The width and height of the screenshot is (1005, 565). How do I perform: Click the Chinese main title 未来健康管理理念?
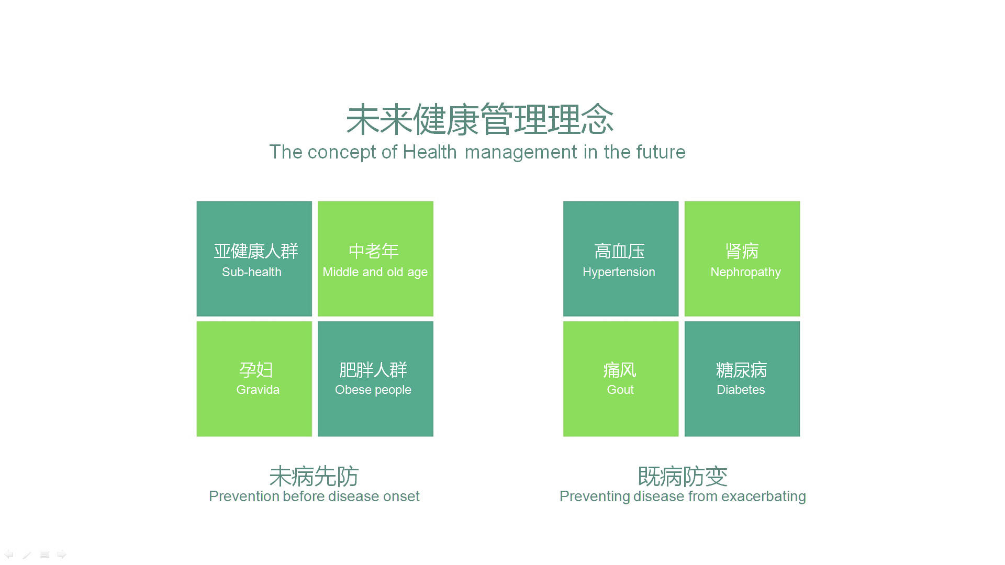coord(479,120)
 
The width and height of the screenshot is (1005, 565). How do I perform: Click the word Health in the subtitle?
coord(430,152)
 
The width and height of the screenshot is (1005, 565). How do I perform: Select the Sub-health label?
coord(252,272)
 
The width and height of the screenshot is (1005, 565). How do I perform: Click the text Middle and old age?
coord(375,272)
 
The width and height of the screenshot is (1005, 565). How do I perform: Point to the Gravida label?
coord(258,390)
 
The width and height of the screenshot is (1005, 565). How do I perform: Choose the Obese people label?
coord(373,390)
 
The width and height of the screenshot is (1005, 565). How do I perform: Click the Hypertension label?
coord(619,272)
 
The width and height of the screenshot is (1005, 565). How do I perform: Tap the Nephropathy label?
coord(745,273)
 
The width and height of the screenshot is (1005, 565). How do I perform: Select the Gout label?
coord(620,390)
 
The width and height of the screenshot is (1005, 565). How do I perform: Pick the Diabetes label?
coord(741,390)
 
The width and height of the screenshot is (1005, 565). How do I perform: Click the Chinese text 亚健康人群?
coord(255,252)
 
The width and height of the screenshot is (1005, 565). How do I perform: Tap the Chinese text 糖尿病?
coord(741,370)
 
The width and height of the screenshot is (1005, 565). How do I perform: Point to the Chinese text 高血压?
coord(619,252)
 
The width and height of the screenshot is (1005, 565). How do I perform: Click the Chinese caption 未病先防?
coord(314,477)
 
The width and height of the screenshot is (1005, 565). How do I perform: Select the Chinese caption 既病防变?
coord(683,477)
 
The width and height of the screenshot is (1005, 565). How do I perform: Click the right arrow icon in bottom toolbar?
coord(62,555)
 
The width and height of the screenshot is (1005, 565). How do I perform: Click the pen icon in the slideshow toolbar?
coord(27,555)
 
